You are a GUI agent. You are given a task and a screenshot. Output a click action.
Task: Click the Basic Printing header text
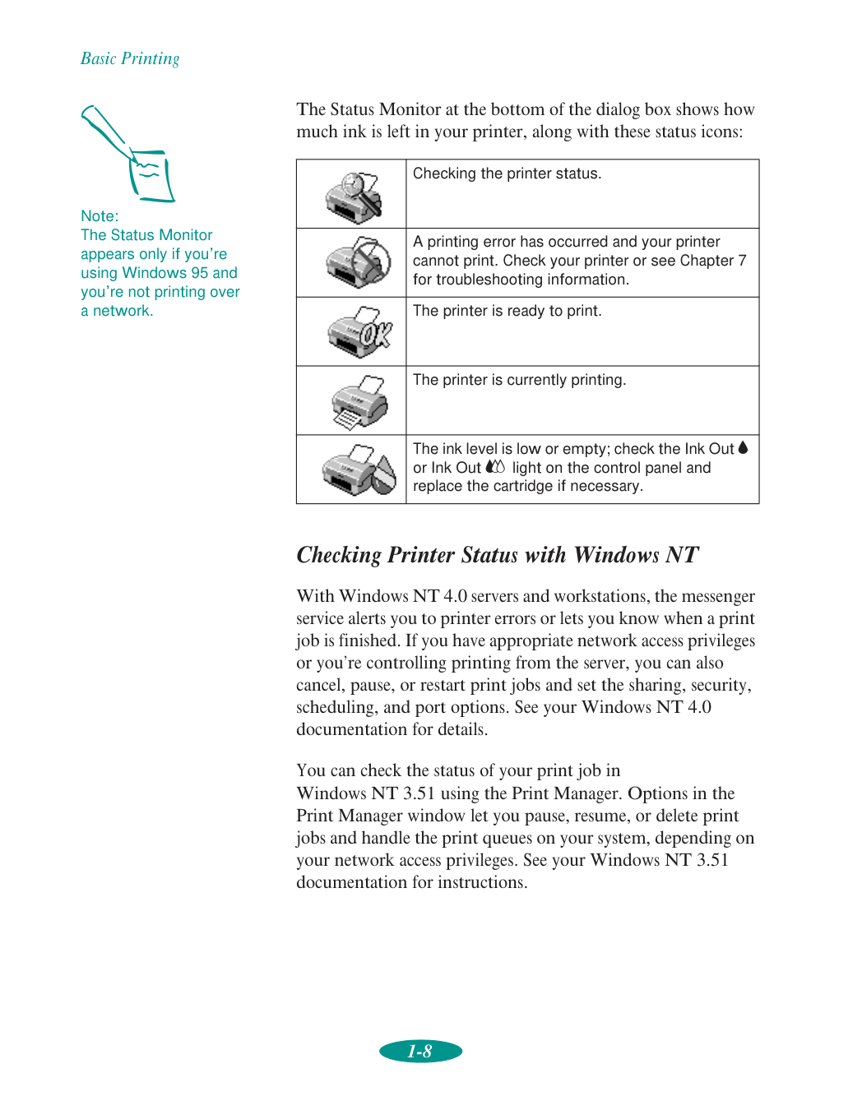pos(130,58)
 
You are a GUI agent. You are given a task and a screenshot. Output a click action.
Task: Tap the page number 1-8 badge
pos(420,1051)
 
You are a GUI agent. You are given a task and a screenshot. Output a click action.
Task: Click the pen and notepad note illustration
pos(129,154)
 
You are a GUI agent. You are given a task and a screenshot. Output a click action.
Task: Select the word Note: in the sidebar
pos(100,216)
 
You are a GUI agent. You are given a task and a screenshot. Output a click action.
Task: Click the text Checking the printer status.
pos(507,173)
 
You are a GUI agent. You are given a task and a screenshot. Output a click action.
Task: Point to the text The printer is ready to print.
pos(507,311)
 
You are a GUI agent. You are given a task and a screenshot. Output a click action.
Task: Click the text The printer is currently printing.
pos(519,380)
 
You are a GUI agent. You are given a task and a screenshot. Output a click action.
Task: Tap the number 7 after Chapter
pos(742,261)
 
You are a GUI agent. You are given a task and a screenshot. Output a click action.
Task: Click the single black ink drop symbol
pos(744,448)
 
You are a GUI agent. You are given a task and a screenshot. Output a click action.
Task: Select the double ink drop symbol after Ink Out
pos(495,467)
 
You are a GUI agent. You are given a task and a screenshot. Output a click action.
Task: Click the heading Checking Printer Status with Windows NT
pos(497,555)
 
